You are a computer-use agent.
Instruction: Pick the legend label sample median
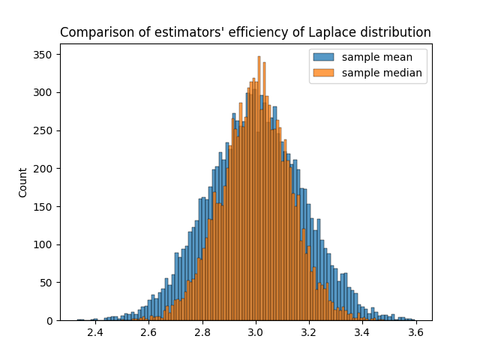point(382,73)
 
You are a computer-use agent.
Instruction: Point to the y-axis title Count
point(22,187)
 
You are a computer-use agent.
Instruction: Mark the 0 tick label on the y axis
point(49,321)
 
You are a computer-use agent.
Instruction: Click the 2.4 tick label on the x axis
point(95,333)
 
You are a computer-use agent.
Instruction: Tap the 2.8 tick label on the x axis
point(202,333)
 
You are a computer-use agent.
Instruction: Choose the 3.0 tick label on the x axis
point(256,333)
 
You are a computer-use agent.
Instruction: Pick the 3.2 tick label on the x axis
point(309,333)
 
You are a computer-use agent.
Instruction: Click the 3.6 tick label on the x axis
point(416,333)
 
